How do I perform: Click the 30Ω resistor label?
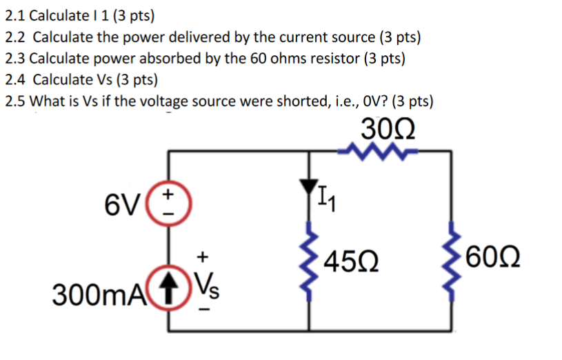(x=388, y=130)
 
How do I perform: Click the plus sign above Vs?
(x=203, y=257)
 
